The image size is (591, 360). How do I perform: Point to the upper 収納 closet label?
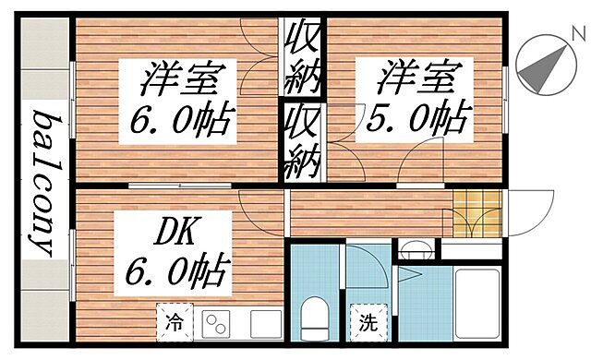[301, 54]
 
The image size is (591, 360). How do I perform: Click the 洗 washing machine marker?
[367, 324]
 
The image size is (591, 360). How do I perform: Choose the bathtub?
[476, 305]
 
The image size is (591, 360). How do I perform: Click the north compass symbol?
[538, 64]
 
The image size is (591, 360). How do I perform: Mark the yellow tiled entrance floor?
[475, 213]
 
